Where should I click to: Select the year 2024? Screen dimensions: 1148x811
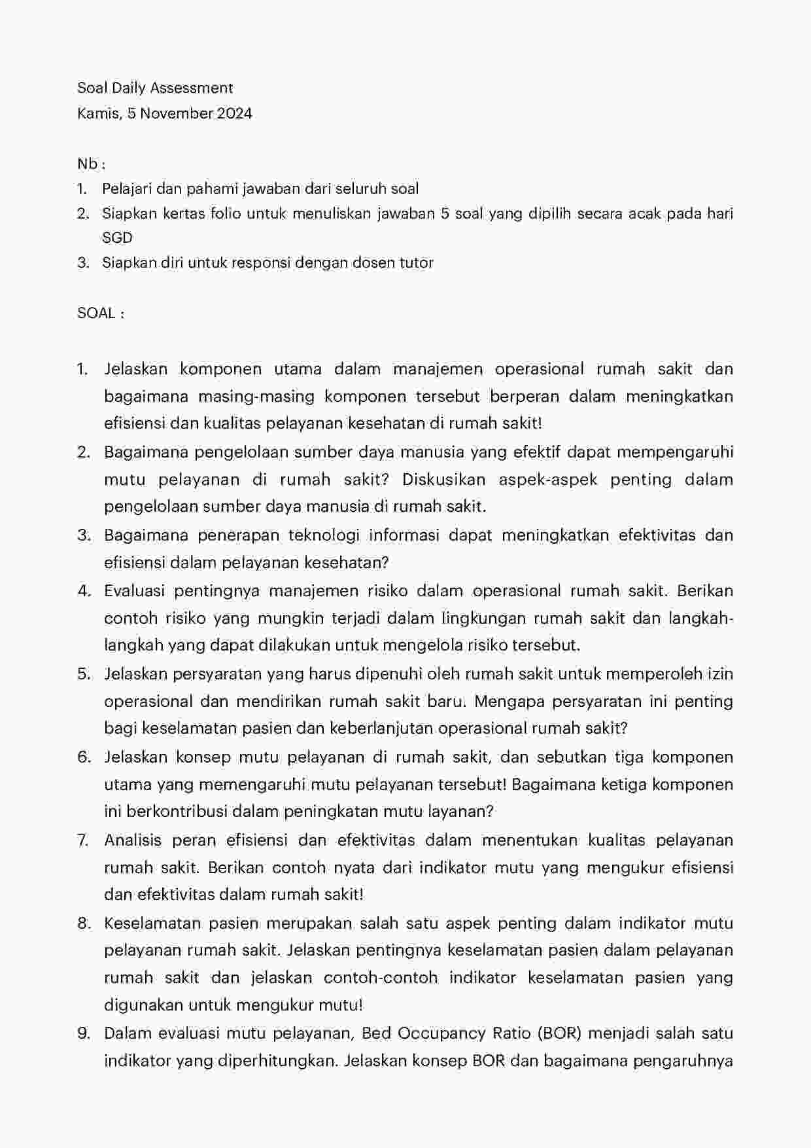coord(234,113)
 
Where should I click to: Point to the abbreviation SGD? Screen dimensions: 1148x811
coord(117,238)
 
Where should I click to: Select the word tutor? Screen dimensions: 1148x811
coord(416,262)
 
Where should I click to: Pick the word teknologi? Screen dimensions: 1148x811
coord(325,535)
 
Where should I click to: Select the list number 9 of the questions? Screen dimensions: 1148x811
coord(83,1033)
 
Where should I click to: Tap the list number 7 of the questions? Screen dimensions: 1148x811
coord(83,840)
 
